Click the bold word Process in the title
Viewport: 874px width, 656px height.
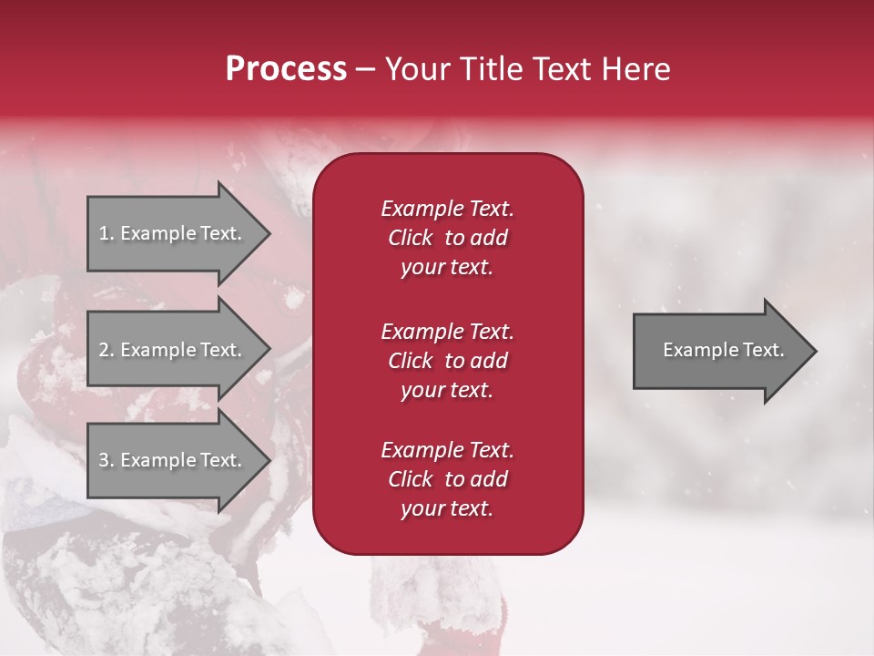click(286, 69)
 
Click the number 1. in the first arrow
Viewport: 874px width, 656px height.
click(107, 233)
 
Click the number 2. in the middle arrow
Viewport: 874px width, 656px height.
click(107, 350)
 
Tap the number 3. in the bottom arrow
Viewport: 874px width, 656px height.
click(107, 460)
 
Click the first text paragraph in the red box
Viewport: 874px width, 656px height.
click(447, 238)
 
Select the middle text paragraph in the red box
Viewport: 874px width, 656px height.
click(447, 361)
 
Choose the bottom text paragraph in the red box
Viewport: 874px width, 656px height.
click(447, 479)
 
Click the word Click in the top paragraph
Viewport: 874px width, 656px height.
click(411, 238)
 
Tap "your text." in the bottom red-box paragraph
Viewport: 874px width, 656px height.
click(447, 508)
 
